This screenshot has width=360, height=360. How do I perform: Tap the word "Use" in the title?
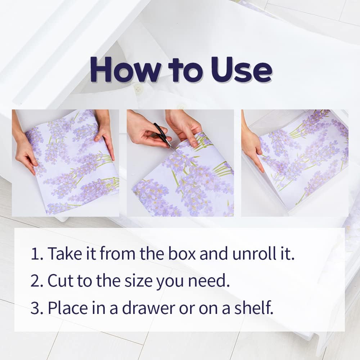242,69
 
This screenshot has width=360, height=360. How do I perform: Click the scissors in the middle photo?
163,135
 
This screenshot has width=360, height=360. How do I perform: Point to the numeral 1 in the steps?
35,254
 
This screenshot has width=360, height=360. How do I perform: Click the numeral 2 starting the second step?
35,280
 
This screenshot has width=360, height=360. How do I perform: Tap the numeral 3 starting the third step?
35,308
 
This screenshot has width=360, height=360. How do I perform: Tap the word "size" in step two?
138,280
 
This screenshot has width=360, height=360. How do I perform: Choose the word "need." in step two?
209,280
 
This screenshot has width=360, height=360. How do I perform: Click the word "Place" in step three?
68,307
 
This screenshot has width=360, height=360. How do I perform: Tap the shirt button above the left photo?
138,89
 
